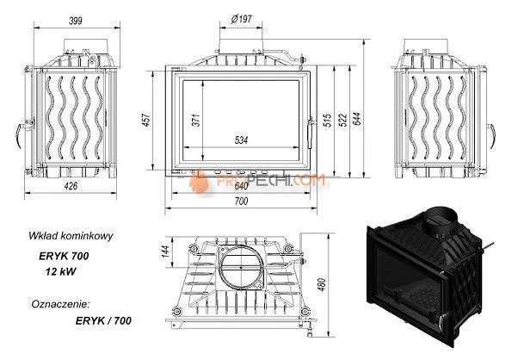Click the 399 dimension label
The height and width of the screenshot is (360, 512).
[x=76, y=21]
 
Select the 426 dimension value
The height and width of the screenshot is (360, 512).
[x=71, y=186]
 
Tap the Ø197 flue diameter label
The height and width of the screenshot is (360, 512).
[x=241, y=19]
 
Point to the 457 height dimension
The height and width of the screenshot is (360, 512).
[x=146, y=120]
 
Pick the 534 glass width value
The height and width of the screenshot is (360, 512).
[x=241, y=140]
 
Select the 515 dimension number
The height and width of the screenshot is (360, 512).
[x=327, y=120]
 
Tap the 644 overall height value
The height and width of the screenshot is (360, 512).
[x=357, y=119]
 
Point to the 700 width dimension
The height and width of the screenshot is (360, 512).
[x=241, y=202]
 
